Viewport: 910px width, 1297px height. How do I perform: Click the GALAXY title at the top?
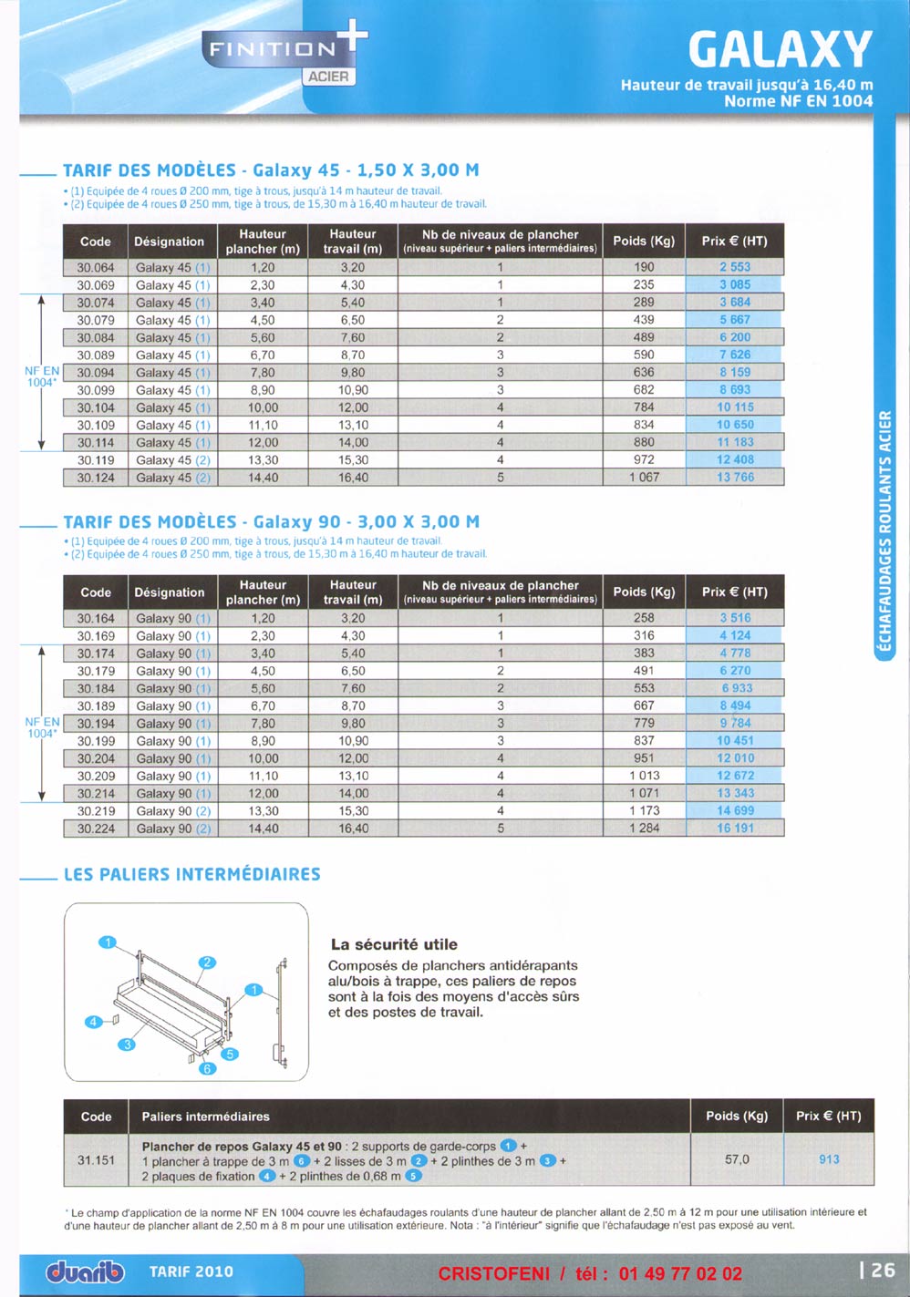click(780, 49)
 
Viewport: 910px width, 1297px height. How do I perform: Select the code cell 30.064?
click(96, 268)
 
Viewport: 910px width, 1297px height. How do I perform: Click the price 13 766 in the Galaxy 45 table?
click(735, 478)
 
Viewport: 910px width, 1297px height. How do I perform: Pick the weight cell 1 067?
click(644, 478)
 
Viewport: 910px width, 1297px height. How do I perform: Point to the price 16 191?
click(735, 829)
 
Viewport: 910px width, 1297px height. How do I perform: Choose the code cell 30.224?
click(96, 829)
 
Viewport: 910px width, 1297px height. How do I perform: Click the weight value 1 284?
click(644, 829)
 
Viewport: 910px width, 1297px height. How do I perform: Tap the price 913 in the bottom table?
click(829, 1159)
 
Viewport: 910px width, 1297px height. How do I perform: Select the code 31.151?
click(96, 1160)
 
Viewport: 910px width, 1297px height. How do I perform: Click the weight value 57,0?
click(737, 1159)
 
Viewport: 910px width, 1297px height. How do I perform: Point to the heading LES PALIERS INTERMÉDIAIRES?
click(192, 875)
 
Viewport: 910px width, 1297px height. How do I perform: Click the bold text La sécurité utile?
click(394, 945)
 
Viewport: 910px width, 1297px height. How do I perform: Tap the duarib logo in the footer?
click(85, 1271)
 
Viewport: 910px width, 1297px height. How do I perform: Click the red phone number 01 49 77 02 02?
click(680, 1274)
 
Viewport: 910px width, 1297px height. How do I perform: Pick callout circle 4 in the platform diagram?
click(93, 1023)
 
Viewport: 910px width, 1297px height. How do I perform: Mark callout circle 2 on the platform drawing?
click(207, 962)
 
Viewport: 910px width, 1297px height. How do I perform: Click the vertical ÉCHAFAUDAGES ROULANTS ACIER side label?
click(884, 532)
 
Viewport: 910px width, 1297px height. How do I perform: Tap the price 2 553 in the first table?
click(735, 268)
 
